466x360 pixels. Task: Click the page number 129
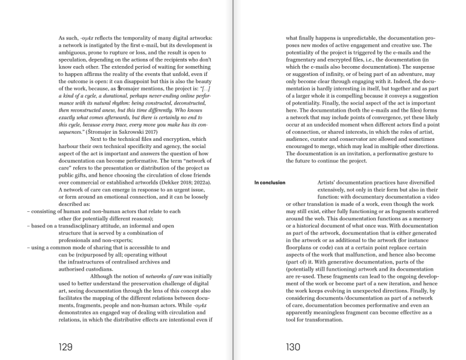(x=65, y=347)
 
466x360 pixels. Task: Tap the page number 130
(x=293, y=347)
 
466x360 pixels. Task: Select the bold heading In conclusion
(x=270, y=182)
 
